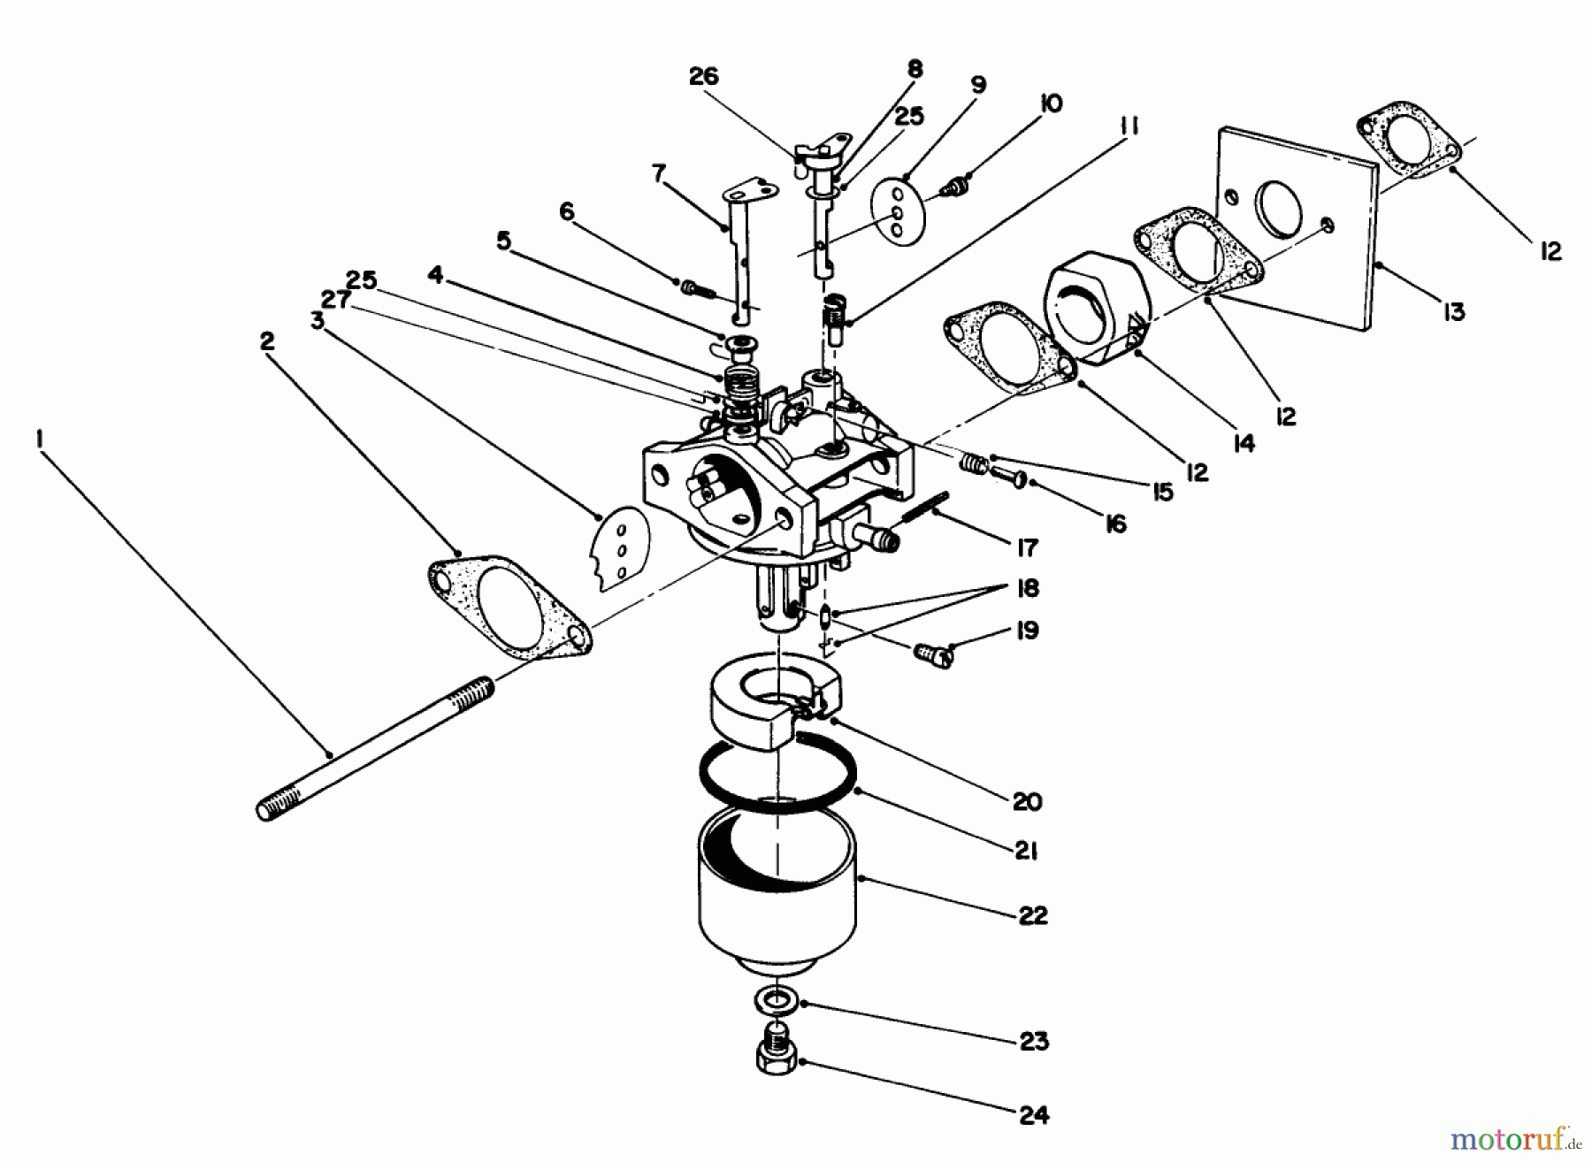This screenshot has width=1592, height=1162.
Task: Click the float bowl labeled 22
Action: (x=777, y=893)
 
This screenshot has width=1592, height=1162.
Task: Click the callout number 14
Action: (x=1244, y=442)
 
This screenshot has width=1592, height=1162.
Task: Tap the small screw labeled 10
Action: (x=955, y=187)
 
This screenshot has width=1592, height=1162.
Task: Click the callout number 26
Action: (x=704, y=78)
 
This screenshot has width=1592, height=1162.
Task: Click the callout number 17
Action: (x=1026, y=548)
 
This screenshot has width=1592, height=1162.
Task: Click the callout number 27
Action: (x=336, y=301)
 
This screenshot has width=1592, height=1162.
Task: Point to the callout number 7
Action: (x=658, y=173)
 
